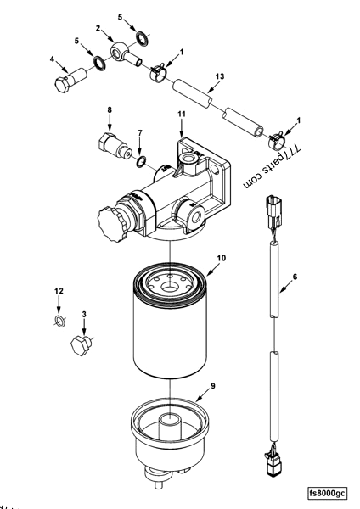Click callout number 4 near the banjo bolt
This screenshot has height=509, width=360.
click(53, 59)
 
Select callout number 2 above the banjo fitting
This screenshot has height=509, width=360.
click(98, 28)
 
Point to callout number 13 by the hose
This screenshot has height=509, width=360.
click(219, 76)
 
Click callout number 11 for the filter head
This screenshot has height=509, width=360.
click(181, 113)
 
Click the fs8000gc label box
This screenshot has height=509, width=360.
click(330, 491)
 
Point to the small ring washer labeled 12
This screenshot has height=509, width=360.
click(58, 321)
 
